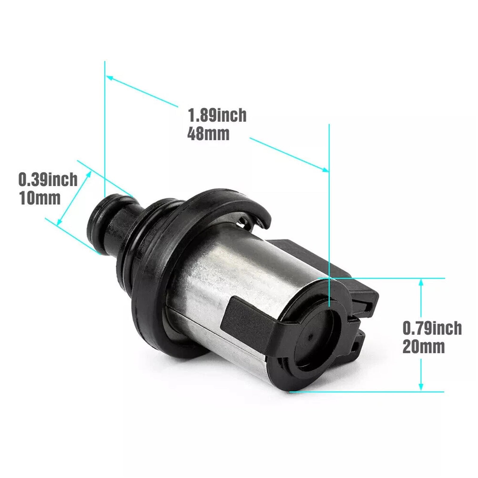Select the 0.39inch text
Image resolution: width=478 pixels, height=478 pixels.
click(x=48, y=180)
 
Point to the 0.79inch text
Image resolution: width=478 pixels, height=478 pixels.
click(x=432, y=328)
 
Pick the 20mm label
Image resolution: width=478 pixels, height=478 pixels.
click(x=423, y=347)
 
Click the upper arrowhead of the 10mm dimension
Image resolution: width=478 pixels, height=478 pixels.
click(x=89, y=174)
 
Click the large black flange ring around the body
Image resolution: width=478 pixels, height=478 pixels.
click(x=149, y=299)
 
